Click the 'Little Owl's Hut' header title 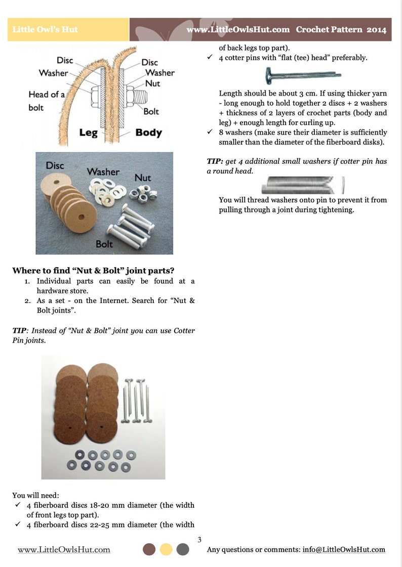[x=45, y=29]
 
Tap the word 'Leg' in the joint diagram [x=88, y=133]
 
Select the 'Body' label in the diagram [x=148, y=133]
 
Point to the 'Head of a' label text [x=47, y=95]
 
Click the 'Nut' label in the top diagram [x=152, y=83]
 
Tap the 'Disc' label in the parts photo [x=55, y=165]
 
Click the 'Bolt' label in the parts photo [x=104, y=244]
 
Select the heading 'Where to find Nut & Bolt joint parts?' [x=93, y=271]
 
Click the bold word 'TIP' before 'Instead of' [x=19, y=330]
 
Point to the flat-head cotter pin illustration [x=303, y=75]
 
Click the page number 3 [x=199, y=540]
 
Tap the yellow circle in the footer [x=166, y=549]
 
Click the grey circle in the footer [x=183, y=549]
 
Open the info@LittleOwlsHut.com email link [x=344, y=549]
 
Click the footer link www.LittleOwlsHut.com [x=64, y=550]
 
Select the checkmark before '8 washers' [x=210, y=132]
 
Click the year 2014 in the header [x=376, y=30]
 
